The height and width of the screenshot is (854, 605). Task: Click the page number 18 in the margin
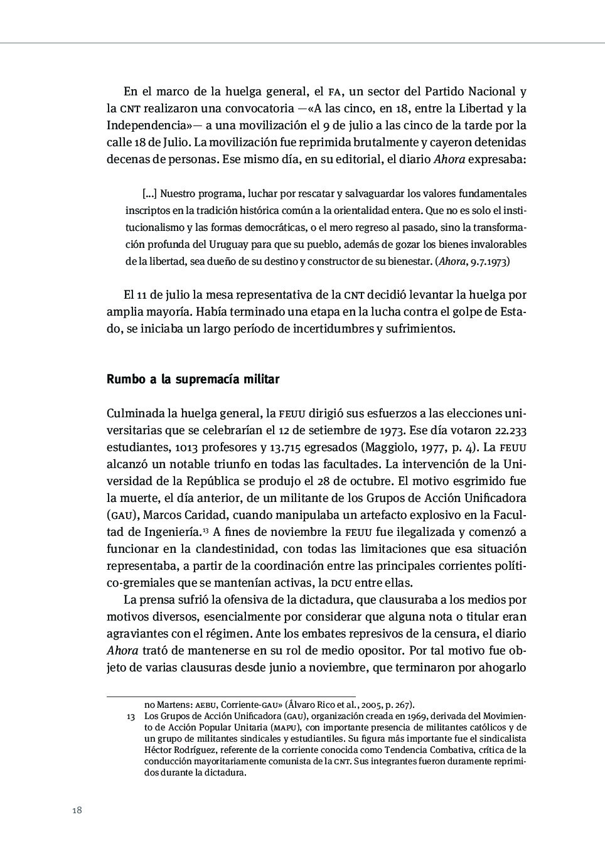[x=77, y=810]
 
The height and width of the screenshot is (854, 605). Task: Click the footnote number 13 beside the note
[x=131, y=716]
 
